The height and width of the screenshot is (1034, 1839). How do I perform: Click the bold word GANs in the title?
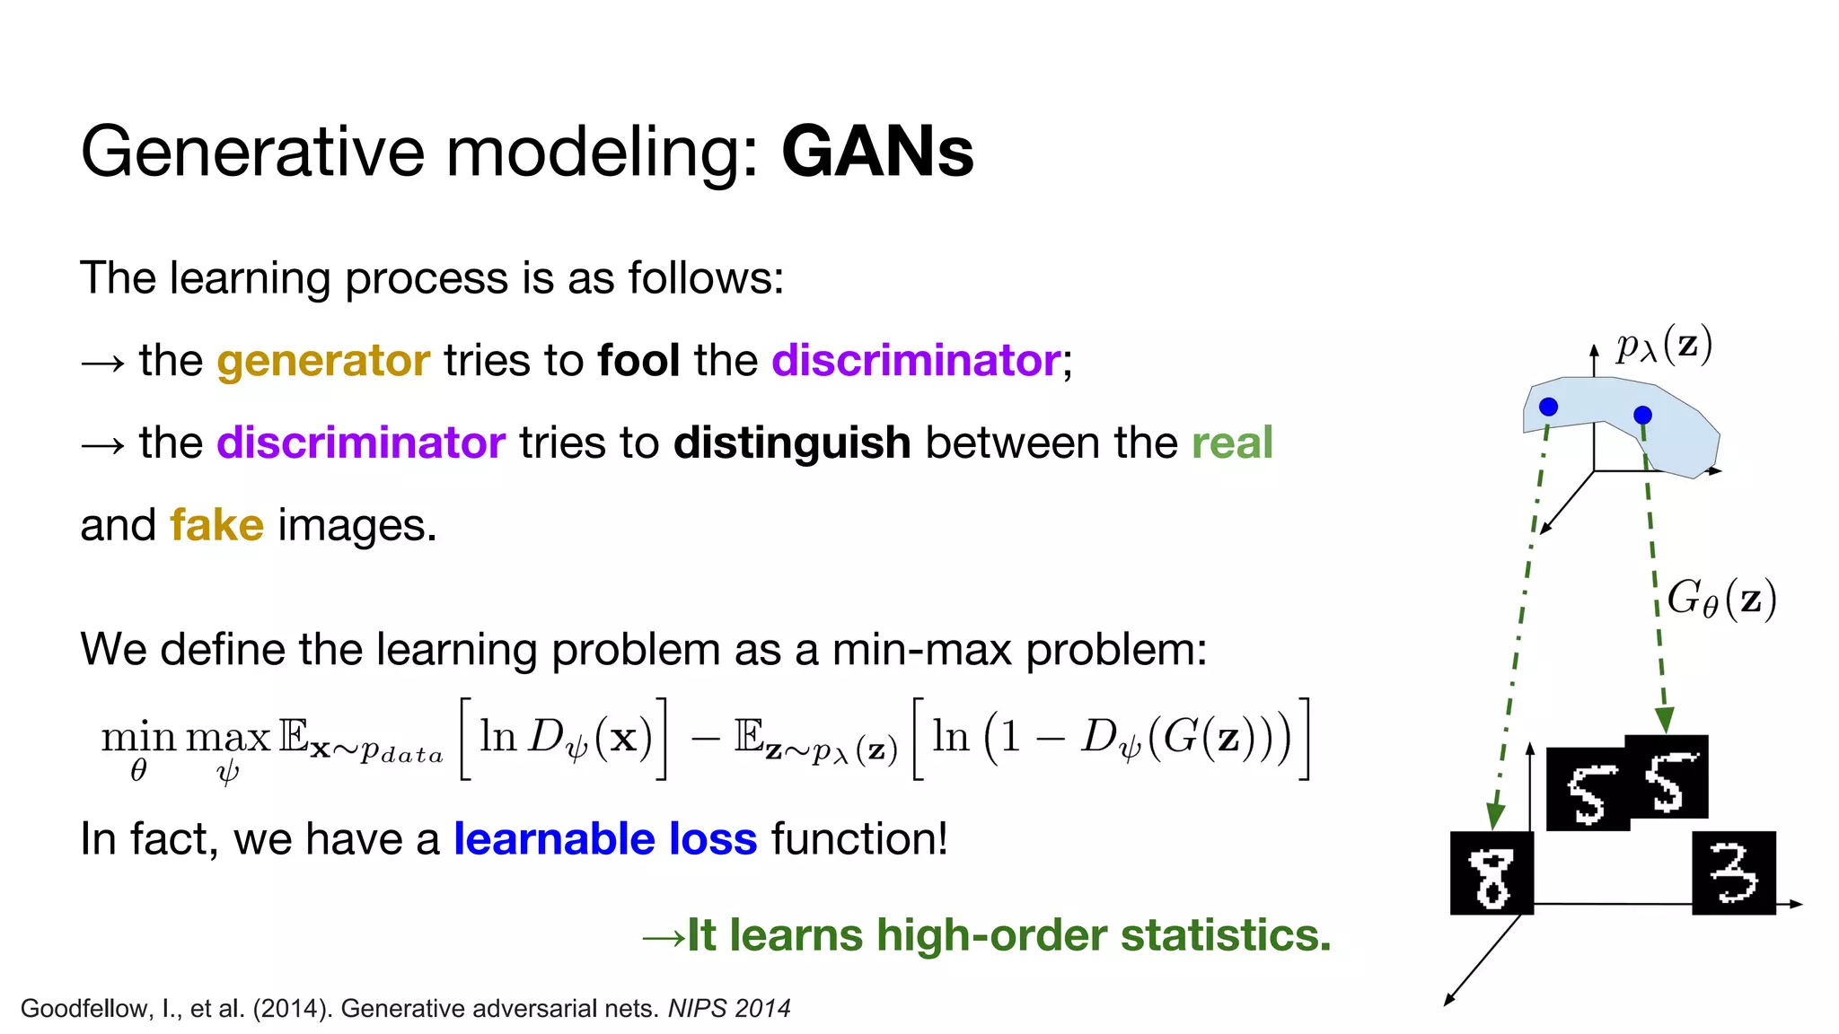(877, 152)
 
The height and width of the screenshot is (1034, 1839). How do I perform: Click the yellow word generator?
(323, 361)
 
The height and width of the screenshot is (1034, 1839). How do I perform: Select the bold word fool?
(638, 361)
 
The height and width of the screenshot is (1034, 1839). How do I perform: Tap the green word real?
(1232, 443)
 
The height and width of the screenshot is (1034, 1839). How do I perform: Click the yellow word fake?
(216, 525)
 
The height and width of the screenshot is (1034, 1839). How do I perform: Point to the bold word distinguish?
(792, 443)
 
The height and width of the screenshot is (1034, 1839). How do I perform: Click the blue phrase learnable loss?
(605, 839)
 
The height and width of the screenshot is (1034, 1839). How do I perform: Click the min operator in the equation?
(138, 738)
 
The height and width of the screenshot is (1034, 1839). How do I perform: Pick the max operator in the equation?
(227, 738)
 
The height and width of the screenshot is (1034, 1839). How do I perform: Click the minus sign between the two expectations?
(705, 738)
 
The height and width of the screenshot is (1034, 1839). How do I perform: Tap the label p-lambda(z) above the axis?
(1664, 345)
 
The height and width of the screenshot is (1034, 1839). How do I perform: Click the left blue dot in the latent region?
(1548, 407)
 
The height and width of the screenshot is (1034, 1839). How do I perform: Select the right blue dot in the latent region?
(1642, 415)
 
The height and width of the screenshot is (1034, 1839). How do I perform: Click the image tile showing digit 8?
(1491, 873)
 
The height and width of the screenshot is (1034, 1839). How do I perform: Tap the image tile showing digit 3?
(1733, 873)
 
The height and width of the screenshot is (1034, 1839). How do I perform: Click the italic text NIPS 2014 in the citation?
(729, 1009)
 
